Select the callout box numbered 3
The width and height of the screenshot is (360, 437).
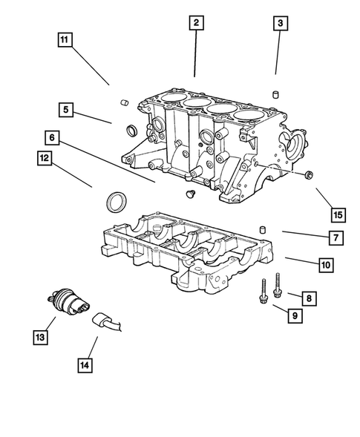280,24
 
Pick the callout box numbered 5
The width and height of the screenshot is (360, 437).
66,111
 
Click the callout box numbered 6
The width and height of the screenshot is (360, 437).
51,138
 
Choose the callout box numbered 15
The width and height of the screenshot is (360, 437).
338,215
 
